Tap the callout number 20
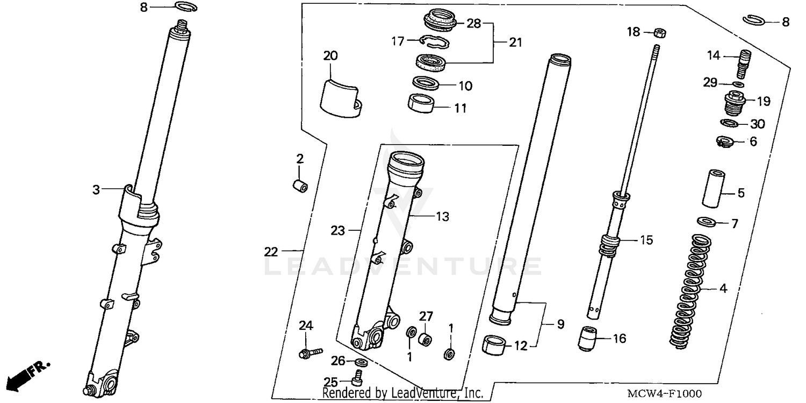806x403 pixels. pos(330,55)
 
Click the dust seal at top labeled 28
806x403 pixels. pos(440,20)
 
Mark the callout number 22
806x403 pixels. pos(271,251)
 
